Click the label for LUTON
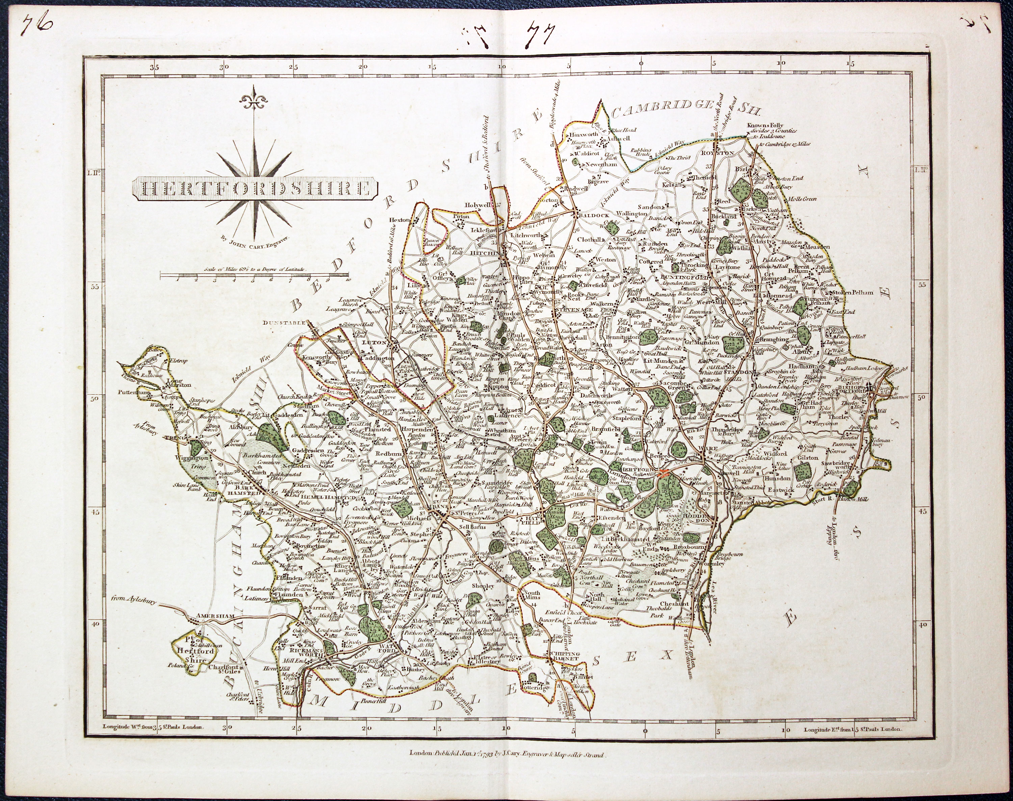pos(374,343)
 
